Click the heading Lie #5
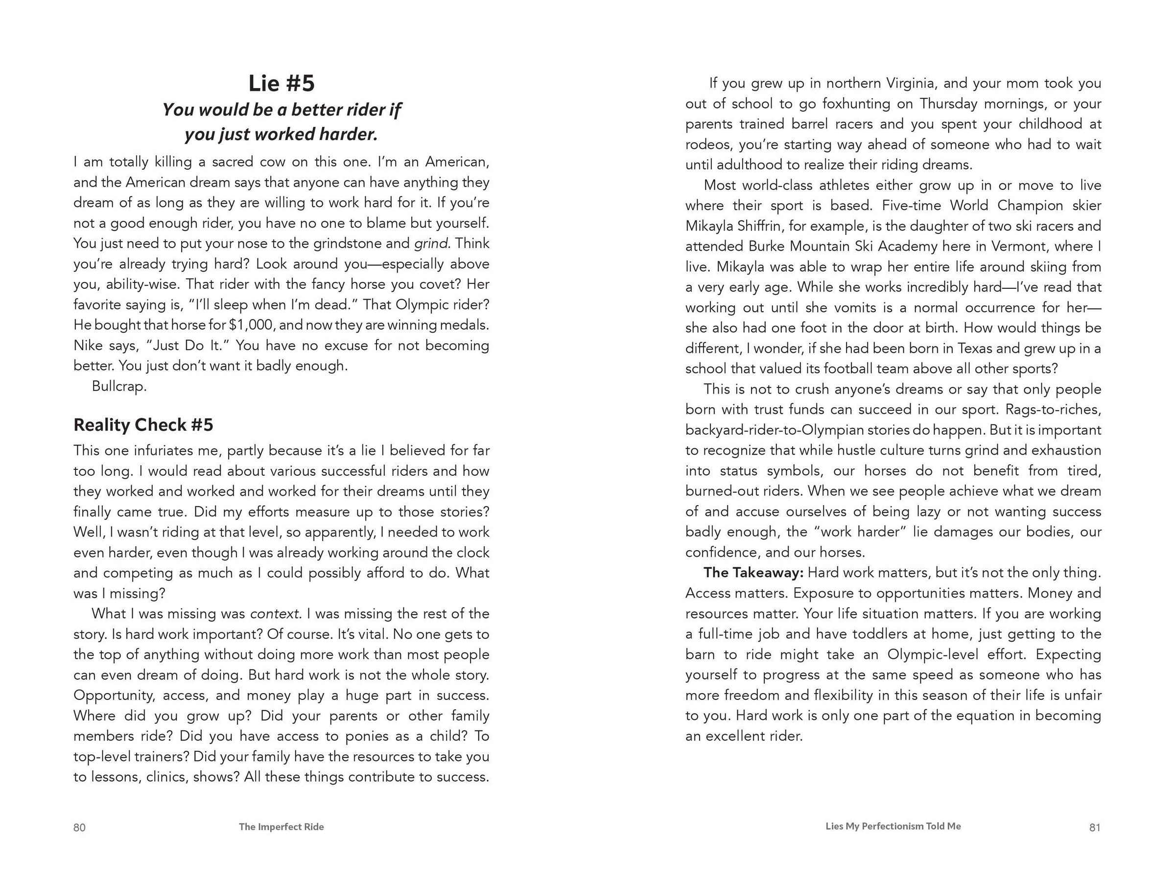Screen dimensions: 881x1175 pos(282,83)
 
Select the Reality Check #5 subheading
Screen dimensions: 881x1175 pos(143,425)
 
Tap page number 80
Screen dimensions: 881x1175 pos(79,827)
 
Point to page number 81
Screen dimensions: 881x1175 pos(1095,827)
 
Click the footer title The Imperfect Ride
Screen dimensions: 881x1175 pos(281,827)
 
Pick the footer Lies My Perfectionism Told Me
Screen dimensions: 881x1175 pos(893,826)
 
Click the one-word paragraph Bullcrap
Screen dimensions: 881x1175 pos(119,387)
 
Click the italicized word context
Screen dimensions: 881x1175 pos(274,614)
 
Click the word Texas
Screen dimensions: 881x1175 pos(976,348)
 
